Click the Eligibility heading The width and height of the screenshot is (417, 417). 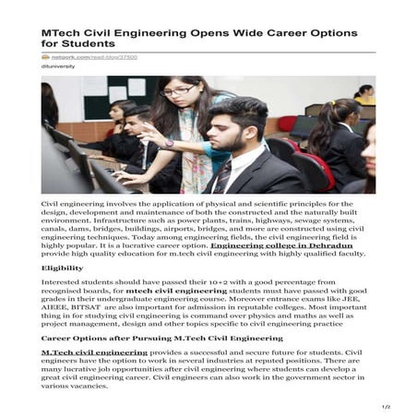point(62,268)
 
